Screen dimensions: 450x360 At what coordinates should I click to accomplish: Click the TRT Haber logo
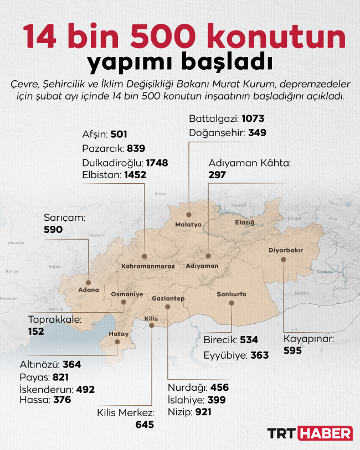[x=310, y=433]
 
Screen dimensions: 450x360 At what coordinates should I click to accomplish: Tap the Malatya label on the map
[x=188, y=225]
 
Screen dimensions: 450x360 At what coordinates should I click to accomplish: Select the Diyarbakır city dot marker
[x=284, y=259]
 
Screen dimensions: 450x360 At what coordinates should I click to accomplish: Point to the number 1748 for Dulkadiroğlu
[x=157, y=163]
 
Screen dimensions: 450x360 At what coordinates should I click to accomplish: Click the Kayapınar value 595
[x=293, y=350]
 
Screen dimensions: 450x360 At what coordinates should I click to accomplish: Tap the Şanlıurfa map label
[x=232, y=294]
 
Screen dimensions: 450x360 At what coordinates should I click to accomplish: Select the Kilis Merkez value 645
[x=145, y=425]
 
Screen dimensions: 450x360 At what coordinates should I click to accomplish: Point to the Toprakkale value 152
[x=37, y=331]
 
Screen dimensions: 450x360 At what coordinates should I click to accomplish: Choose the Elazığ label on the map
[x=244, y=223]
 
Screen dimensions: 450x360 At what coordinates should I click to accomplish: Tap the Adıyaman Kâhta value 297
[x=217, y=174]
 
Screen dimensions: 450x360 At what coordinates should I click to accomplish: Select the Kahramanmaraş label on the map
[x=148, y=266]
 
